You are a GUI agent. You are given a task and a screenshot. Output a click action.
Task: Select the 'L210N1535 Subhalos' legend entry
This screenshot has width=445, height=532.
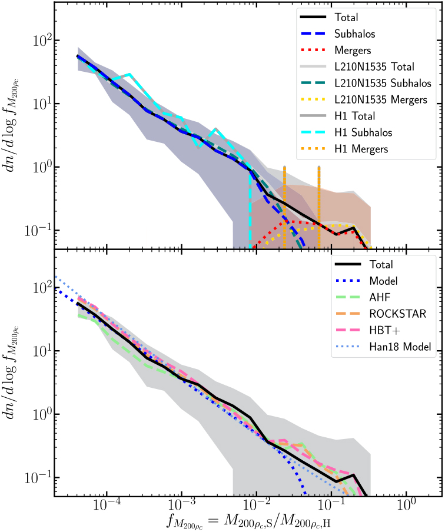click(x=383, y=84)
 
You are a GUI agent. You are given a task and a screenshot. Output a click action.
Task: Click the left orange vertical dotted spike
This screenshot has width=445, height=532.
click(x=284, y=200)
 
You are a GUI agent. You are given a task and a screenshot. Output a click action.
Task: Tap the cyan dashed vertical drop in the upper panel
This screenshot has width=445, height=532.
click(x=250, y=212)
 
